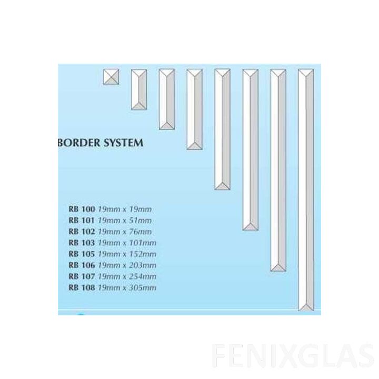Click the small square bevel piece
pyautogui.click(x=111, y=77)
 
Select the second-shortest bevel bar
pyautogui.click(x=167, y=99)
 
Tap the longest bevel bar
pyautogui.click(x=306, y=189)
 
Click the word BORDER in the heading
pyautogui.click(x=79, y=143)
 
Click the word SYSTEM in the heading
pyautogui.click(x=123, y=143)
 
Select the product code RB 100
pyautogui.click(x=82, y=209)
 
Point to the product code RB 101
pyautogui.click(x=82, y=221)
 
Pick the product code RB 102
pyautogui.click(x=82, y=232)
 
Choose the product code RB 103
pyautogui.click(x=82, y=243)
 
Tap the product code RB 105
pyautogui.click(x=82, y=254)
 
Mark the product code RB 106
pyautogui.click(x=82, y=265)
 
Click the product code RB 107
pyautogui.click(x=82, y=276)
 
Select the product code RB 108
pyautogui.click(x=82, y=287)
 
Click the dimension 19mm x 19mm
pyautogui.click(x=124, y=209)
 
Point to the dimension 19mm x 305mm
pyautogui.click(x=127, y=287)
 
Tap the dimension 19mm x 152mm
pyautogui.click(x=127, y=254)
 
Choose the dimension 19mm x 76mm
pyautogui.click(x=124, y=232)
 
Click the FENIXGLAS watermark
pyautogui.click(x=293, y=356)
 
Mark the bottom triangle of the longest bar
pyautogui.click(x=306, y=307)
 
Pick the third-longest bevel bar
pyautogui.click(x=250, y=150)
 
